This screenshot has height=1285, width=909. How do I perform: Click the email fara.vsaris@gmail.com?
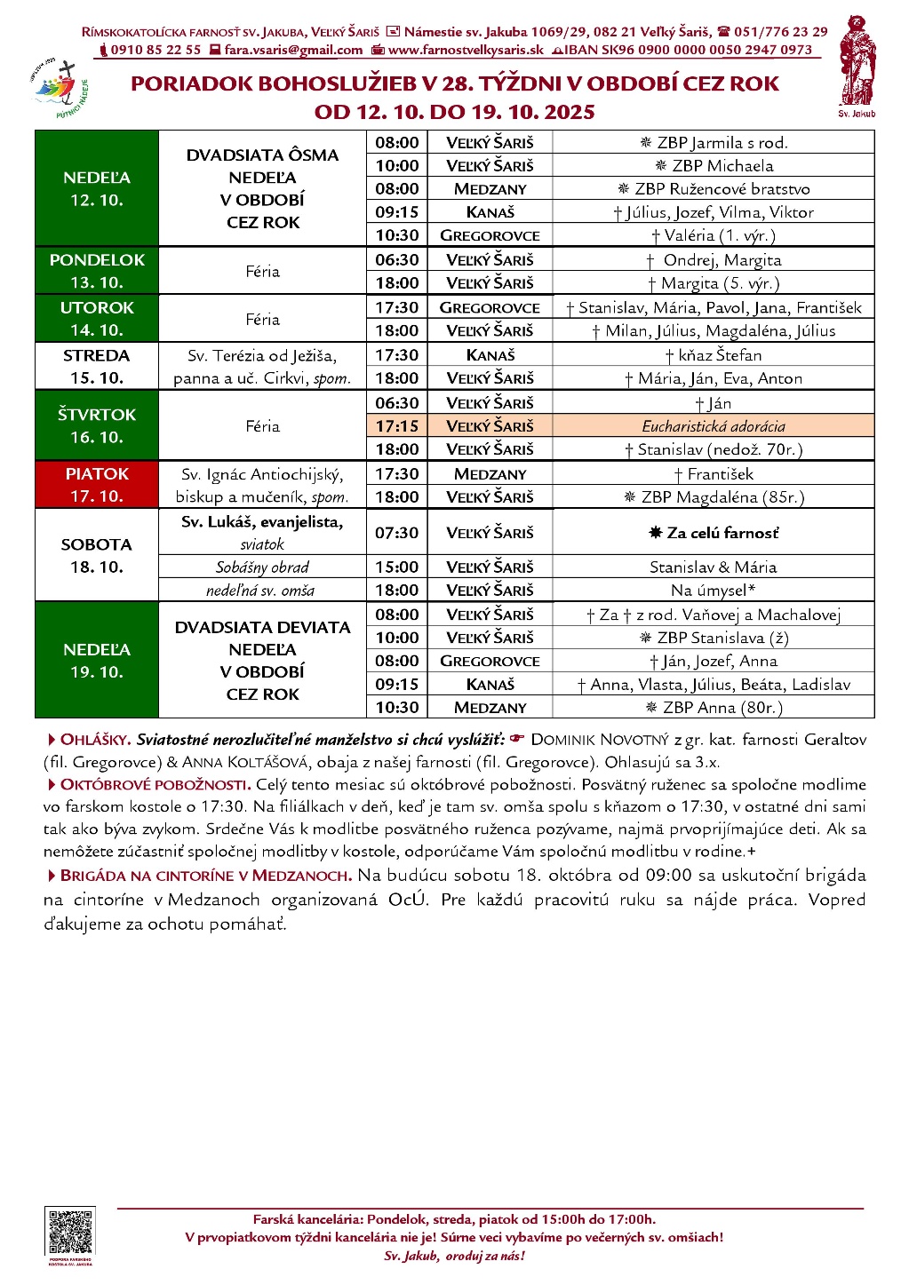point(293,51)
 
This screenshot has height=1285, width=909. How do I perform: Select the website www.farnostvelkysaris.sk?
point(466,51)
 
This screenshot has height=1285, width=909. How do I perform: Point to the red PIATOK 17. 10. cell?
point(97,485)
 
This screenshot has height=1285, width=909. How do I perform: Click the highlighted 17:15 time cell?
point(396,426)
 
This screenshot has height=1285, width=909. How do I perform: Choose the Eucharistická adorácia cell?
point(714,426)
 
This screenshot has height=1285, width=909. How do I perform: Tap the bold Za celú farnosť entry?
point(714,533)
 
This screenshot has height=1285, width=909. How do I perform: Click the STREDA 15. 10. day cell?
point(97,366)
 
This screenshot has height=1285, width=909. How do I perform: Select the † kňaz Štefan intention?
point(714,355)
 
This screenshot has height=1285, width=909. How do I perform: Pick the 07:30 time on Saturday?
point(396,533)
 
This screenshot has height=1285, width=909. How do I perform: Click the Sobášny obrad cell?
point(262,567)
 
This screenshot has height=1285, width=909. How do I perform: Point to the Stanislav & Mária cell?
point(714,567)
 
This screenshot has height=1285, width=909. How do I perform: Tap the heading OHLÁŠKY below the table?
point(96,740)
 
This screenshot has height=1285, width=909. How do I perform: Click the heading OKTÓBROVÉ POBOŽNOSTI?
point(155,785)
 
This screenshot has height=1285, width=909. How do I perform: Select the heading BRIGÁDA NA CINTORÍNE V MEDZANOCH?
point(205,876)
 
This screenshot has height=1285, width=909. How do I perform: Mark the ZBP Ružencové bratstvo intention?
point(714,189)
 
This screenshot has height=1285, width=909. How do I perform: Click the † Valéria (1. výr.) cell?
point(714,235)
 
